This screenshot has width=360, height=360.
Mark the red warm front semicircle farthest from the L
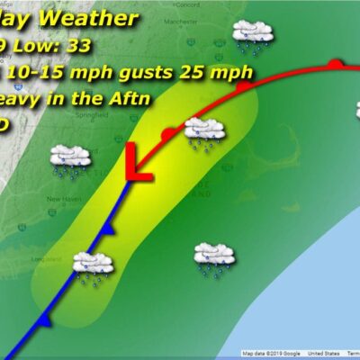coord(335,64)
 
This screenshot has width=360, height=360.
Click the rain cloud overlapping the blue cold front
coord(92,264)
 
